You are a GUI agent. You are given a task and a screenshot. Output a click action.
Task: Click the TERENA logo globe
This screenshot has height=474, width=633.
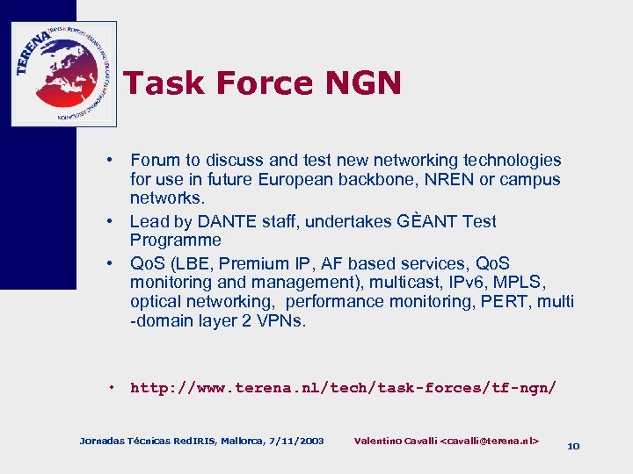[62, 75]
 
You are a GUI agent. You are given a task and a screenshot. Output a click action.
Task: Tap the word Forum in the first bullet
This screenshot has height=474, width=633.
[155, 160]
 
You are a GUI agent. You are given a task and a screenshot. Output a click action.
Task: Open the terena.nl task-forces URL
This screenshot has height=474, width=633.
[343, 387]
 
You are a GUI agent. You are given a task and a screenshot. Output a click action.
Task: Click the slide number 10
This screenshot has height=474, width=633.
[573, 446]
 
